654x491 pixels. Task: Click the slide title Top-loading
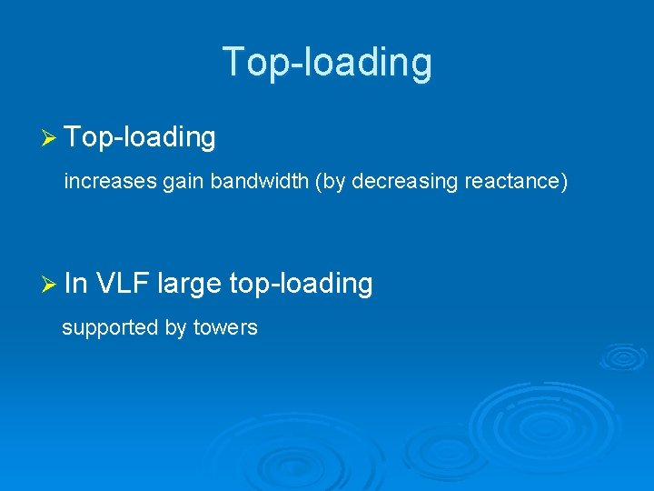tap(327, 62)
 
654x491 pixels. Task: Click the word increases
tap(110, 182)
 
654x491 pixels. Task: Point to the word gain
tap(183, 182)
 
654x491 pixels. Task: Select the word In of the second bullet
tap(76, 284)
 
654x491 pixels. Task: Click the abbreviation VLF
tap(123, 284)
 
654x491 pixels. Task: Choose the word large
tap(189, 284)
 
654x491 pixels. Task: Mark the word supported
tap(110, 327)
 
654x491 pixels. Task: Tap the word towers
tap(225, 327)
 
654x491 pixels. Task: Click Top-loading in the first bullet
tap(141, 137)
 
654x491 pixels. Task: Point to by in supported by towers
tap(175, 327)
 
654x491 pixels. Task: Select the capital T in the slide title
tap(233, 62)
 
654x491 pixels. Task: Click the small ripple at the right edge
tap(623, 356)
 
